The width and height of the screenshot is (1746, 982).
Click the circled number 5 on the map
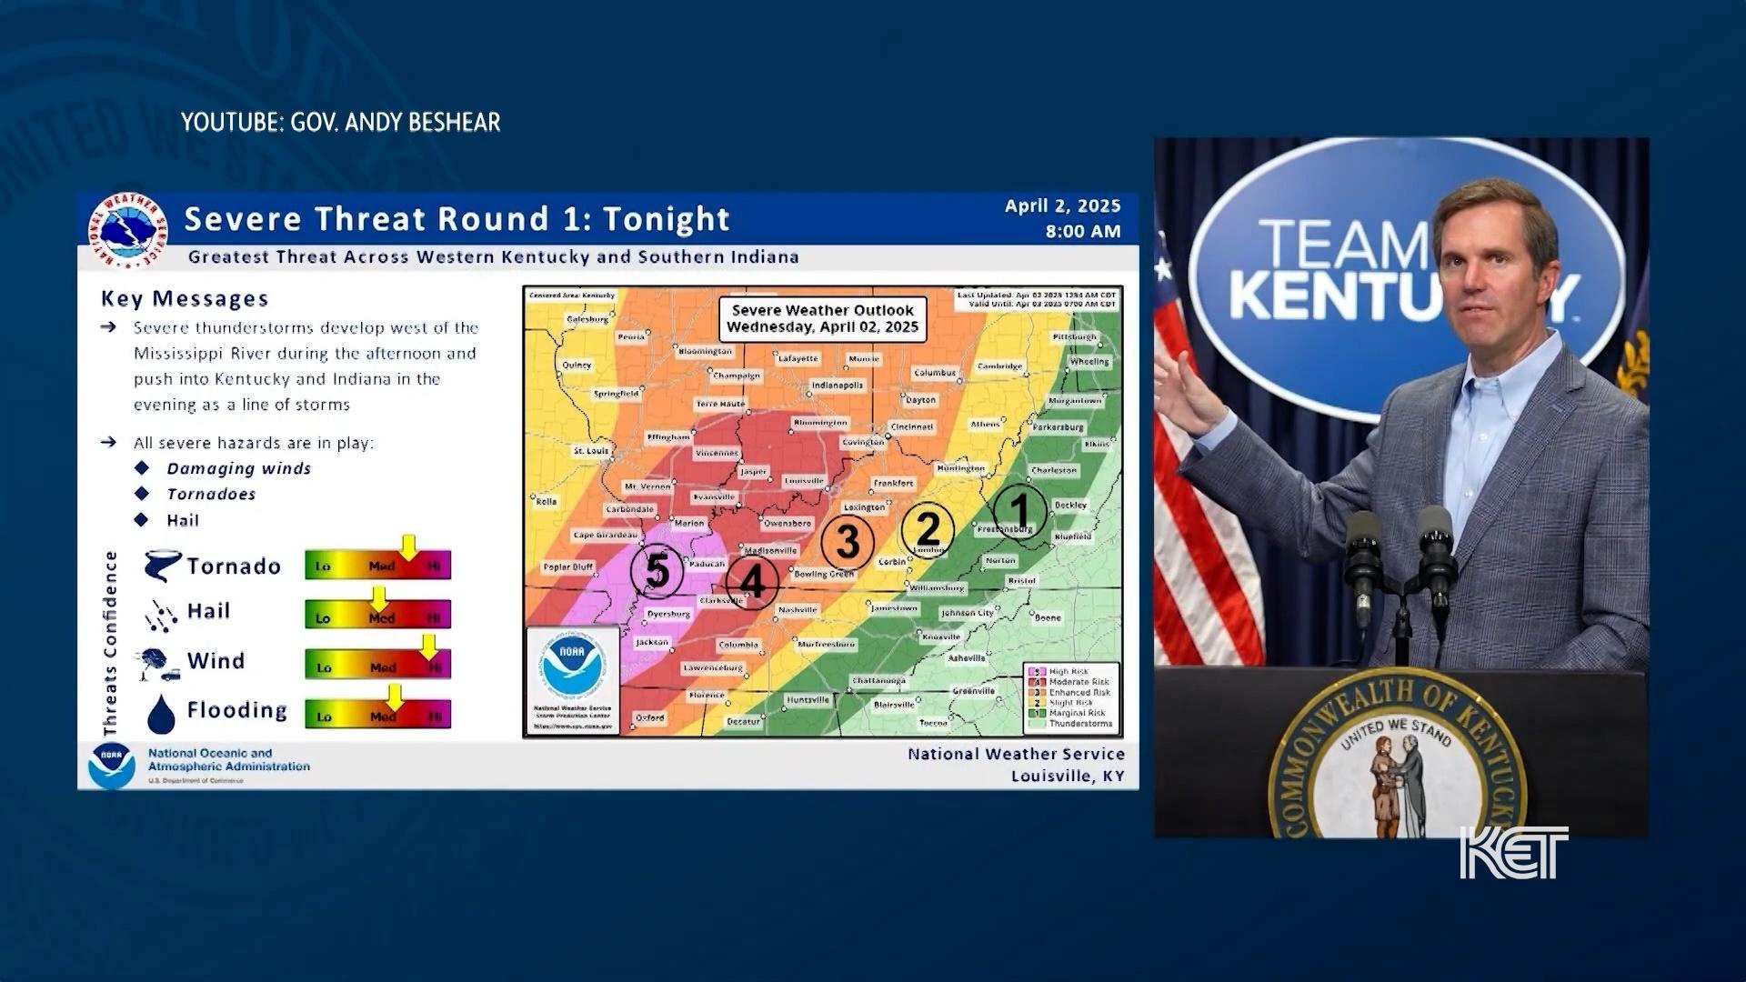click(x=657, y=572)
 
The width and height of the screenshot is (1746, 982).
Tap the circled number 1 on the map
click(x=1019, y=511)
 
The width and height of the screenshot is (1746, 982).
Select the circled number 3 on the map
click(x=848, y=542)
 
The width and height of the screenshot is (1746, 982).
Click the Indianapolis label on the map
click(x=838, y=386)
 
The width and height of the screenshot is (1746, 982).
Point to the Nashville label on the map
click(x=798, y=610)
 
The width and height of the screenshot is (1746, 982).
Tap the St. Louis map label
click(x=591, y=451)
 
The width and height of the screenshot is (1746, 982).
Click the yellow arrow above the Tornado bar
click(x=408, y=546)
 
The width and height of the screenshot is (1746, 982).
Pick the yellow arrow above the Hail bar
click(x=378, y=597)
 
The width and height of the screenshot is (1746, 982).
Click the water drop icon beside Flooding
click(x=161, y=714)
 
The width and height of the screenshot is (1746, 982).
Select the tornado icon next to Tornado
click(x=162, y=566)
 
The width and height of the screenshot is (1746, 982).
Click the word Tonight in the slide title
click(x=666, y=219)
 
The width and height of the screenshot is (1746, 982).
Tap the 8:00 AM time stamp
click(x=1082, y=231)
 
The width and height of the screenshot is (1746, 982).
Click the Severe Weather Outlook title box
click(x=822, y=318)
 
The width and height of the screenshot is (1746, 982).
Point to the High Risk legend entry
click(x=1068, y=671)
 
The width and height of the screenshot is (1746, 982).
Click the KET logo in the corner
click(x=1513, y=852)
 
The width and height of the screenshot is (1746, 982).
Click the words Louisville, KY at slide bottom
click(x=1068, y=776)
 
